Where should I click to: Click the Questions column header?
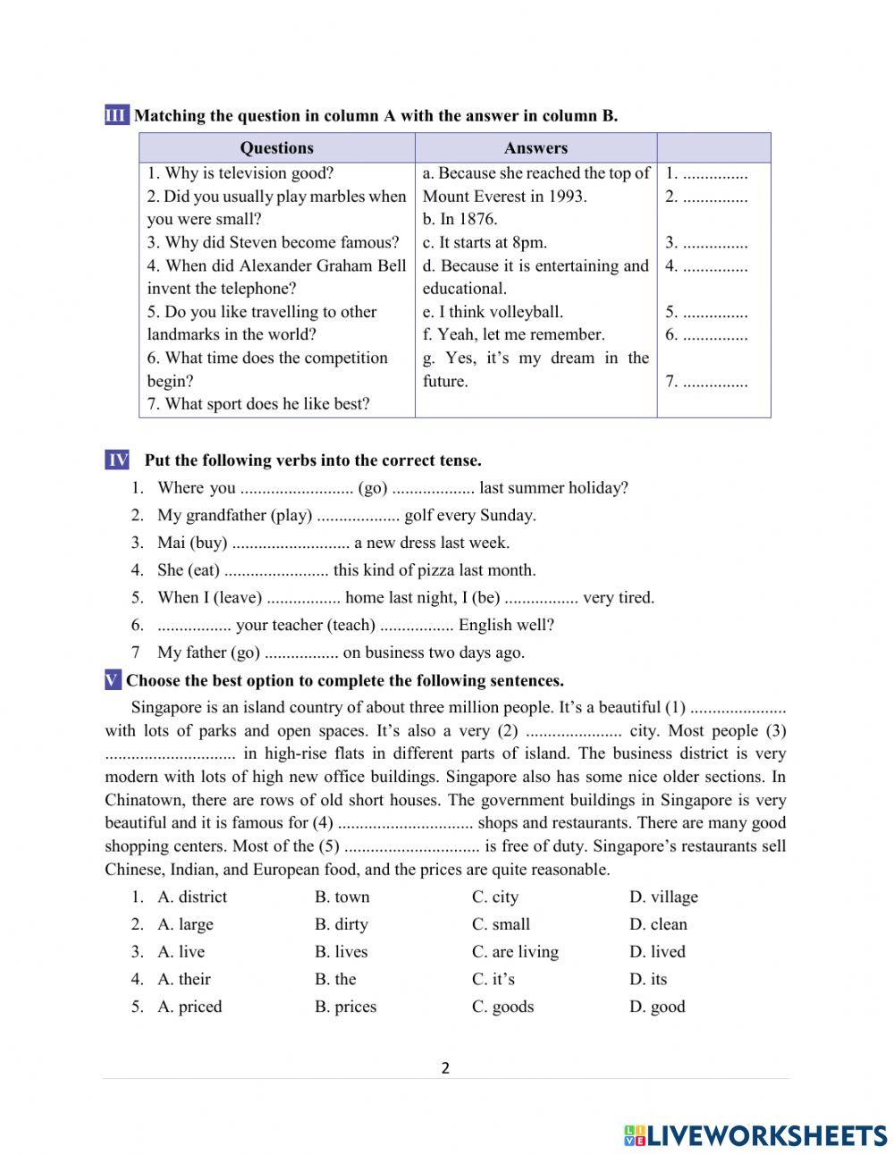point(276,148)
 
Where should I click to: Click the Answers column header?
point(536,148)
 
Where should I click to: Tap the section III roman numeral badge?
point(116,115)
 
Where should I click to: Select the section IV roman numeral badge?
point(117,460)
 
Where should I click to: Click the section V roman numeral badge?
point(113,681)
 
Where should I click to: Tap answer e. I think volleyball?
point(493,312)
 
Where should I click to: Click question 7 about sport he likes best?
point(257,404)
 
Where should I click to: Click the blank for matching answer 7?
point(714,383)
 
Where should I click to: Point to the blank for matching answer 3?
point(714,243)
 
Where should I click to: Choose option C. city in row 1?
point(495,897)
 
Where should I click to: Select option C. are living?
point(515,952)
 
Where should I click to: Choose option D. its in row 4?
point(648,980)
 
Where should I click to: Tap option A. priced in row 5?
point(189,1007)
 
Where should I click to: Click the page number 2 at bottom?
point(445,1068)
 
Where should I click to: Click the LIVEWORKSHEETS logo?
point(755,1135)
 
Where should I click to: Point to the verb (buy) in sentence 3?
point(207,543)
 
